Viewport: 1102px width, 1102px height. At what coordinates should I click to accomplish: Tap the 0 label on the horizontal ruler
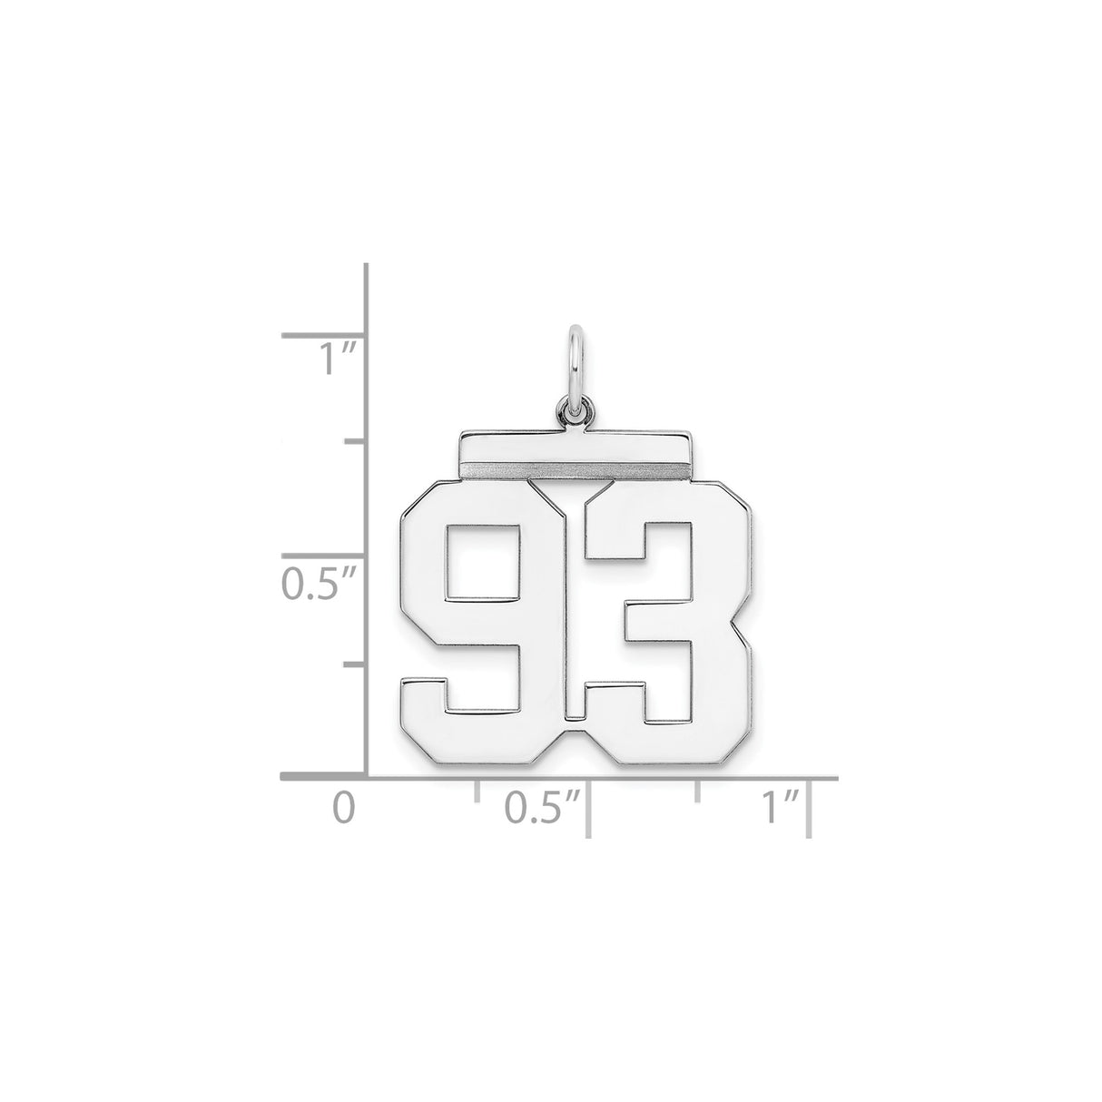[x=342, y=806]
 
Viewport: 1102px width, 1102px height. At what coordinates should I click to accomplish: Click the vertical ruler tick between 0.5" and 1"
[x=354, y=443]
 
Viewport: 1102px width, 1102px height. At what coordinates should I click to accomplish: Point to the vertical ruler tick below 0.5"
[x=354, y=664]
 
